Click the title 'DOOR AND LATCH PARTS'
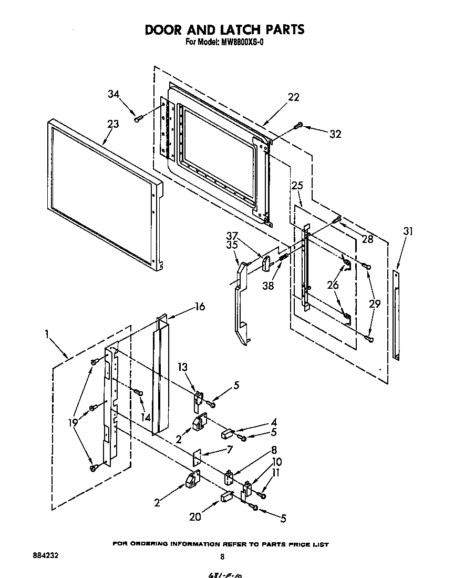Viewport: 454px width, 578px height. coord(224,29)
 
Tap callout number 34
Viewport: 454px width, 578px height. coord(114,94)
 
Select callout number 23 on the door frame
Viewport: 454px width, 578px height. coord(113,124)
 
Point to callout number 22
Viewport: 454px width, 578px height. coord(293,97)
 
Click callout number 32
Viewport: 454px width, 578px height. coord(335,134)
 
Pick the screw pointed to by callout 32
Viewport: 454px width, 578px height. coord(299,125)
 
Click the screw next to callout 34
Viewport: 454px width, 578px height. coord(138,119)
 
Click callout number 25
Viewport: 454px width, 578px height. coord(297,186)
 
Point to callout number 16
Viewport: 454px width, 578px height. coord(200,307)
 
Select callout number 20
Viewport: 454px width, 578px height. coord(195,516)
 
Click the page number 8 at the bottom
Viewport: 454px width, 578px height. coord(222,556)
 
